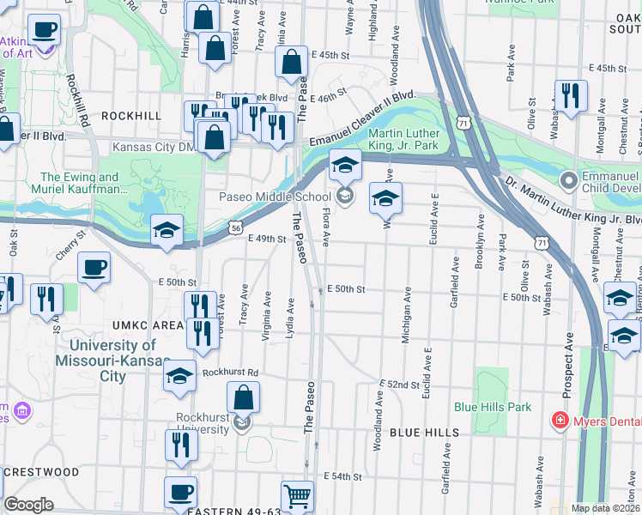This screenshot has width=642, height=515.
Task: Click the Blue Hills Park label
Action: (x=505, y=407)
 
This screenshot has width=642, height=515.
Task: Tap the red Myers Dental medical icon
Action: (x=560, y=421)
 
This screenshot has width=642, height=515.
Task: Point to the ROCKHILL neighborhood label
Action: (x=131, y=115)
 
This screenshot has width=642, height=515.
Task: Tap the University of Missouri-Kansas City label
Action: (x=112, y=360)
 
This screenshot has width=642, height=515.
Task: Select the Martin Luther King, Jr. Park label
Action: (x=404, y=140)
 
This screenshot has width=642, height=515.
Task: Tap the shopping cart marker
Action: (x=297, y=496)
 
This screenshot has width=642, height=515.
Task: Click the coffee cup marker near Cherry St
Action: (x=94, y=267)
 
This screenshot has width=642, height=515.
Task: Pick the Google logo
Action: (x=28, y=505)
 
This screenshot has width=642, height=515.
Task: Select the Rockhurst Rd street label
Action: (x=231, y=373)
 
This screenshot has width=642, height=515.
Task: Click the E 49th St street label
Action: (x=266, y=239)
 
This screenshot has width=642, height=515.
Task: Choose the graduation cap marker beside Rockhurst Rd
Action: (x=179, y=378)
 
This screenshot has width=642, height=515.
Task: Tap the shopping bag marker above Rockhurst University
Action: (x=244, y=398)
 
